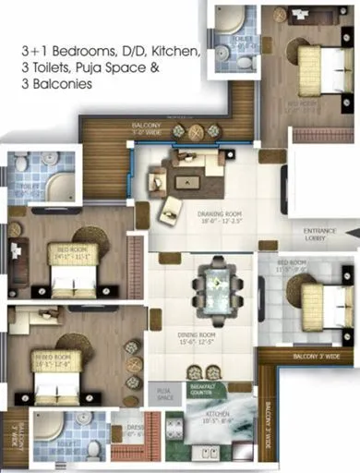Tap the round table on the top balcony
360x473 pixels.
(x=195, y=132)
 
